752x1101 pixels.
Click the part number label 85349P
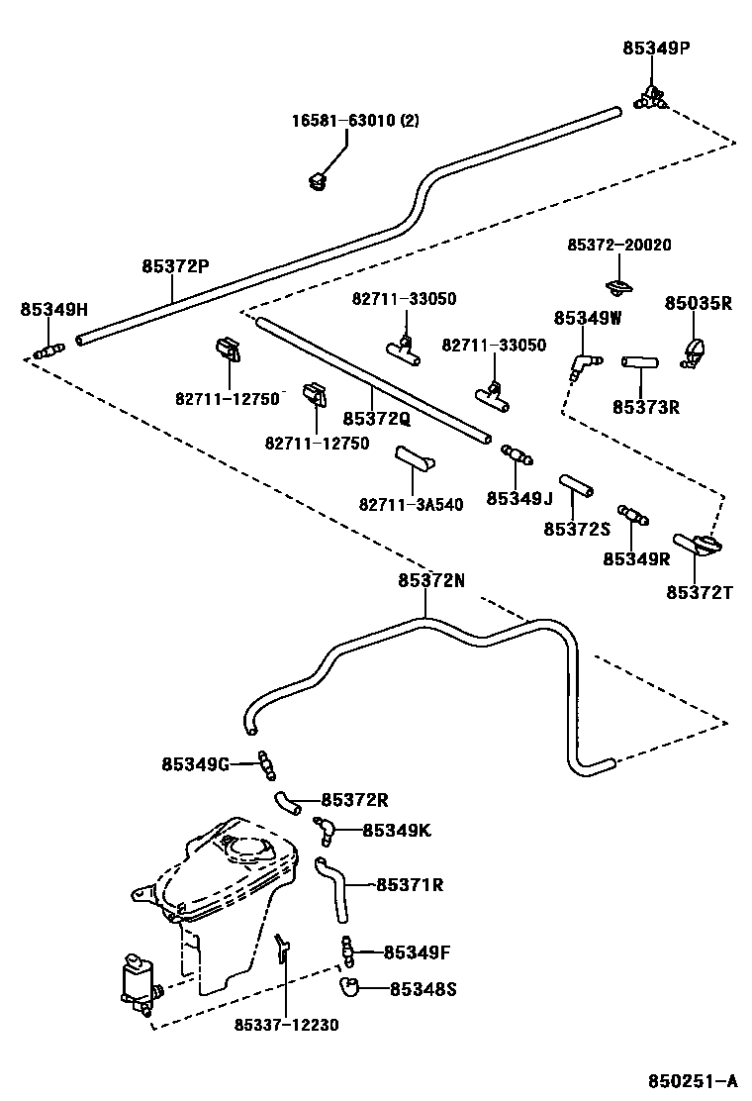(655, 47)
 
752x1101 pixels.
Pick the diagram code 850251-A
(693, 1080)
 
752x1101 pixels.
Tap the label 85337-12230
(287, 1025)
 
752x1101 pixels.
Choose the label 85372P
(175, 265)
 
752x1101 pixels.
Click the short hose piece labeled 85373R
(639, 362)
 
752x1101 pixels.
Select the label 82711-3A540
(411, 504)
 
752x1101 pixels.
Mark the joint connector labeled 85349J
(517, 455)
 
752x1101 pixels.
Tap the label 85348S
(423, 988)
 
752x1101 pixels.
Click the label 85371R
(409, 884)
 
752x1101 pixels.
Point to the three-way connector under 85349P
(650, 97)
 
